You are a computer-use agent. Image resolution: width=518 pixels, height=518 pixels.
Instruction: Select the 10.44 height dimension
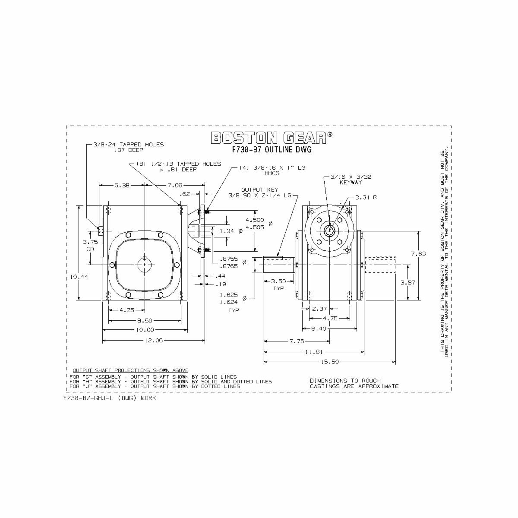pos(79,277)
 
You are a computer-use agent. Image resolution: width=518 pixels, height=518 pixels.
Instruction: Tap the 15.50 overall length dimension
pos(330,362)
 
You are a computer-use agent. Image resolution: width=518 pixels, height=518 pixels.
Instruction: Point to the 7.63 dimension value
pos(418,254)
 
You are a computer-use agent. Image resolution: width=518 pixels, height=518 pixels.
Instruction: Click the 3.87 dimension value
pos(408,282)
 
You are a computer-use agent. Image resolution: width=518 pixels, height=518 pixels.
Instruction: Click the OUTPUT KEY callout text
pos(259,190)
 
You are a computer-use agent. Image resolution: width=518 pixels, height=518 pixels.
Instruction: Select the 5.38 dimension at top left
pos(121,185)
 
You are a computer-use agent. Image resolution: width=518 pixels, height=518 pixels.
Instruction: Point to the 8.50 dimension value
pos(145,320)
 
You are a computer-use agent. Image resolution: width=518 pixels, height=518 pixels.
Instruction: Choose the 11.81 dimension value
pos(314,352)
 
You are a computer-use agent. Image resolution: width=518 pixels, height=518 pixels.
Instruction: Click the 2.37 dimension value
pos(319,309)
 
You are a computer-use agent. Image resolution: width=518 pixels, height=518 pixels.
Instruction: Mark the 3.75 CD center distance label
pos(90,245)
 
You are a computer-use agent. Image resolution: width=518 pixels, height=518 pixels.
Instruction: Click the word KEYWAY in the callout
pos(351,183)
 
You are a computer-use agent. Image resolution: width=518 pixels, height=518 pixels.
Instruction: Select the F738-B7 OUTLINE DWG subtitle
pos(272,150)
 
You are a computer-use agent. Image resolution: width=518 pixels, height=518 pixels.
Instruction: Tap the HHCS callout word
pos(272,173)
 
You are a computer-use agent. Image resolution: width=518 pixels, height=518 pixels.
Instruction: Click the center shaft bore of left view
pos(144,264)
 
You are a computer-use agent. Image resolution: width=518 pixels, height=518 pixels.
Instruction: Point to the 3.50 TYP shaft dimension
pos(278,284)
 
